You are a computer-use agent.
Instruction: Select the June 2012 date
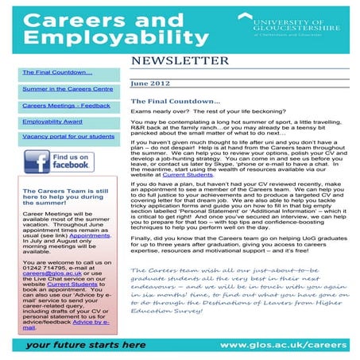[x=149, y=83]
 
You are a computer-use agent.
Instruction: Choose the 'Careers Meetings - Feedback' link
[x=56, y=105]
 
